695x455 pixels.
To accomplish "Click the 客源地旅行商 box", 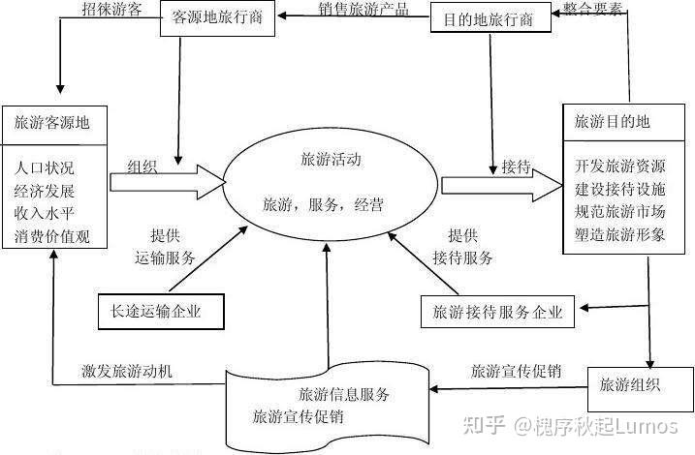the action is pyautogui.click(x=217, y=18).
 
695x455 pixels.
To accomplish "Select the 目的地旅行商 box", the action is pyautogui.click(x=490, y=17).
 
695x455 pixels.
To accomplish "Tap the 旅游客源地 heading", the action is pyautogui.click(x=52, y=123).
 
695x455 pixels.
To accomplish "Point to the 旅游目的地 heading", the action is pyautogui.click(x=612, y=121).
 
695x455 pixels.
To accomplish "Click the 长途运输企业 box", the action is pyautogui.click(x=161, y=312).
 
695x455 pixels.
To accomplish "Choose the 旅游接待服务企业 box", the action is pyautogui.click(x=497, y=312).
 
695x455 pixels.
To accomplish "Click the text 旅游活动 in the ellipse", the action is pyautogui.click(x=332, y=160).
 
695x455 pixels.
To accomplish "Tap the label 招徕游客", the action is pyautogui.click(x=111, y=9).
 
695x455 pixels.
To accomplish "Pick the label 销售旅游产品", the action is pyautogui.click(x=363, y=9).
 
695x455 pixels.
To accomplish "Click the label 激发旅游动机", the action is pyautogui.click(x=127, y=371).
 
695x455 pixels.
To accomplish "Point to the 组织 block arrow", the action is pyautogui.click(x=168, y=182).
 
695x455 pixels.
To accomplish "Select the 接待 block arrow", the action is pyautogui.click(x=502, y=186).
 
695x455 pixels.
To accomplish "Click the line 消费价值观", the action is pyautogui.click(x=52, y=236).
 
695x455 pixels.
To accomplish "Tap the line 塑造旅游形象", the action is pyautogui.click(x=620, y=234).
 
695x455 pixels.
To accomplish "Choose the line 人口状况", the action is pyautogui.click(x=45, y=168).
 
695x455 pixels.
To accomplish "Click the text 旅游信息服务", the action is pyautogui.click(x=344, y=394).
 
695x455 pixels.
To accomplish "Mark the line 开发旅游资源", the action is pyautogui.click(x=620, y=167).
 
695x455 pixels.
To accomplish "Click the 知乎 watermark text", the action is pyautogui.click(x=484, y=425).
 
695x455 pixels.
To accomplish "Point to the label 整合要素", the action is pyautogui.click(x=592, y=8).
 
